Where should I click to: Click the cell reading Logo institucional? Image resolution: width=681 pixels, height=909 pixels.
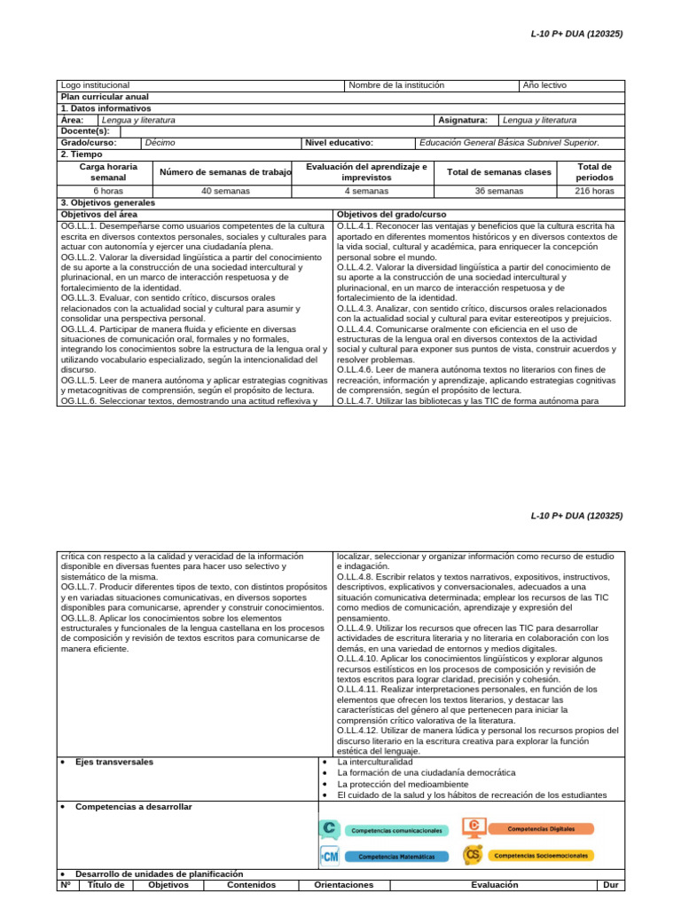(x=95, y=85)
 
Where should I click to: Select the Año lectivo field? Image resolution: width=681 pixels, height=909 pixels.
(x=544, y=85)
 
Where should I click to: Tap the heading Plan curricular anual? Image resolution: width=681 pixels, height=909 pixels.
(x=105, y=97)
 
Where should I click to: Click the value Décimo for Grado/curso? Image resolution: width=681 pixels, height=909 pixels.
(x=160, y=142)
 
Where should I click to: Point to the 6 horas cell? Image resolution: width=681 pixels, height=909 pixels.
(x=108, y=190)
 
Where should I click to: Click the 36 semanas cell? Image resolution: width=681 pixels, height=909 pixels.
(x=499, y=190)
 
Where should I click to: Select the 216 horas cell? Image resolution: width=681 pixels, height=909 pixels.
(x=594, y=190)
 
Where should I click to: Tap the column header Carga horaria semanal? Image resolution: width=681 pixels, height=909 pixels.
(x=108, y=172)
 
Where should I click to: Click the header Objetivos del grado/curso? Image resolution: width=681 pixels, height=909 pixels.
(x=392, y=214)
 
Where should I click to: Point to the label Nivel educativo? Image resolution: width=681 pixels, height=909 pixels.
(x=339, y=142)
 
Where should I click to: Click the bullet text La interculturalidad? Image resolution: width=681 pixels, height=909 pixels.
(x=375, y=762)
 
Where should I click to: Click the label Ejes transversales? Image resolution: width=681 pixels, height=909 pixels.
(x=113, y=762)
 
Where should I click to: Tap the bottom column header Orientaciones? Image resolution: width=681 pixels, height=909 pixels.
(x=344, y=885)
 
